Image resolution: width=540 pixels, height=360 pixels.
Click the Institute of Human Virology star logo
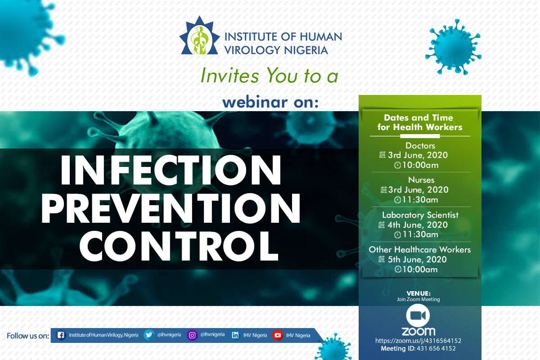(x=200, y=36)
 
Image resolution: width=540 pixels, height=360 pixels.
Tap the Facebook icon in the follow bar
(x=61, y=335)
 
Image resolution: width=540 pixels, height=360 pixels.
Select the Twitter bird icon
(x=149, y=335)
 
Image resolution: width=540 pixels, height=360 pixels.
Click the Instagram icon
(x=192, y=335)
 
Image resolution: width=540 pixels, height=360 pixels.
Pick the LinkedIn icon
(x=235, y=335)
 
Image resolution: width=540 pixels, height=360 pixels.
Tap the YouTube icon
(x=278, y=335)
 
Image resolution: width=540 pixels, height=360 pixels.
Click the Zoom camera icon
(x=418, y=315)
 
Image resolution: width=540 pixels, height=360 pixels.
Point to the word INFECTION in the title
(x=171, y=170)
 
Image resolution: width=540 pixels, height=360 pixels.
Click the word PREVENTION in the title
(x=171, y=208)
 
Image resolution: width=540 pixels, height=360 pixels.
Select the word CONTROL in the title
(x=179, y=246)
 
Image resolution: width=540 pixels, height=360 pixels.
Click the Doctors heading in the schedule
(x=420, y=146)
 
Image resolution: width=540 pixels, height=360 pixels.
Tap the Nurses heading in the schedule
(x=421, y=180)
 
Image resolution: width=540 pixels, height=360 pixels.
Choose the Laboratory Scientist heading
(x=420, y=215)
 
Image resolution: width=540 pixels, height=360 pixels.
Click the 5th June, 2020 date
(x=417, y=260)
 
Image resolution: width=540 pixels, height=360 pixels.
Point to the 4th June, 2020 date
(x=418, y=225)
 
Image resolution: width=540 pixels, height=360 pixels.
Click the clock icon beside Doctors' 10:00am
(x=397, y=166)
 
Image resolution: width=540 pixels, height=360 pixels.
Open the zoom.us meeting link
(x=418, y=341)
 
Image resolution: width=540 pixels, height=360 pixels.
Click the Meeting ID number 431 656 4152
(x=436, y=348)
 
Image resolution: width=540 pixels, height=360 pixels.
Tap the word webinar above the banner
(x=255, y=102)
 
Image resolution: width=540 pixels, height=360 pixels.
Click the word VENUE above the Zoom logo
(x=418, y=293)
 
